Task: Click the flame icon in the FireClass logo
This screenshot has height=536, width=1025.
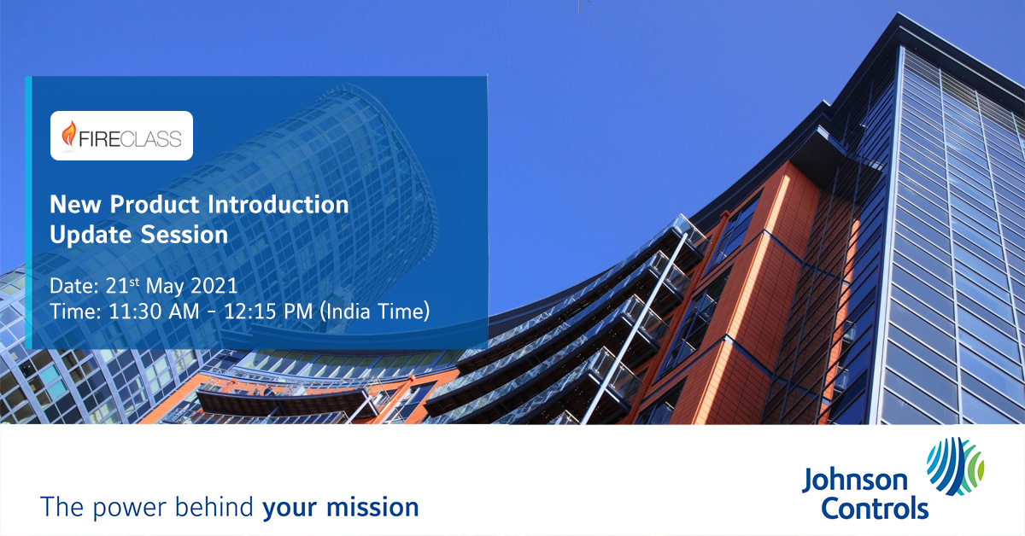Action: (68, 134)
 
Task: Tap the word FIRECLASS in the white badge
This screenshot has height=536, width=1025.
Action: (131, 139)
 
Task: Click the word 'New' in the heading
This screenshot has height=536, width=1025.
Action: (75, 205)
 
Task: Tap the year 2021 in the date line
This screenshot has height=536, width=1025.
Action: (214, 286)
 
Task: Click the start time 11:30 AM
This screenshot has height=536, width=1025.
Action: (154, 312)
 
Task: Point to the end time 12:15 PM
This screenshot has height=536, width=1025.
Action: (268, 312)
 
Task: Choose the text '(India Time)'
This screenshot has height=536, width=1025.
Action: (375, 312)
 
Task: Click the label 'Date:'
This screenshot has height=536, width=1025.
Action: (74, 286)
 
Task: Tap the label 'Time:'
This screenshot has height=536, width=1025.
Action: (75, 312)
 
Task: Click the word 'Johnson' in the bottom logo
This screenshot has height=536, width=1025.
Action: (855, 481)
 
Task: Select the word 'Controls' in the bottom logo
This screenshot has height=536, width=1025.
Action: (875, 508)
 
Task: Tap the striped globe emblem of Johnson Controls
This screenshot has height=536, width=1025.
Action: (956, 466)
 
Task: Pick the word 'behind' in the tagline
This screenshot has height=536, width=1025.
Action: (214, 507)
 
